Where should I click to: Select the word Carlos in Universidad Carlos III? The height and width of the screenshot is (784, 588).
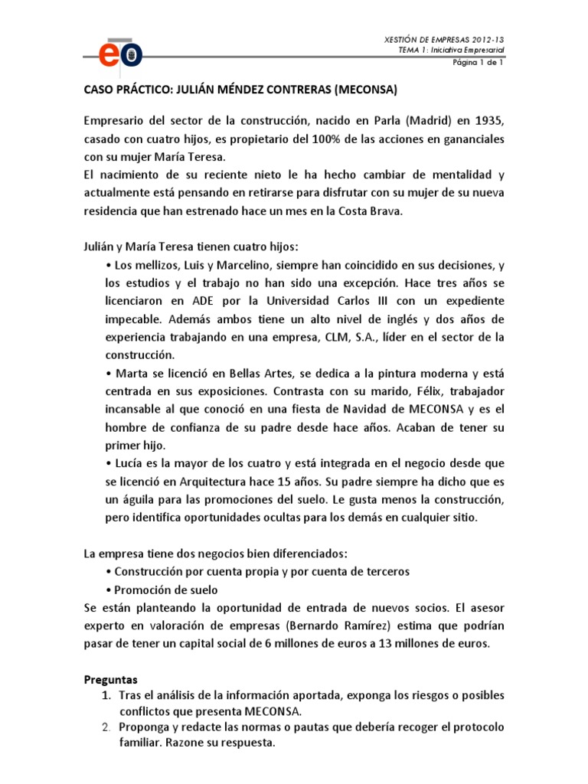pos(347,299)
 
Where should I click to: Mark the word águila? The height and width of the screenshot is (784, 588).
pos(139,500)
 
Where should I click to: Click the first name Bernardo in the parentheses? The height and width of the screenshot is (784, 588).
pos(330,626)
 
